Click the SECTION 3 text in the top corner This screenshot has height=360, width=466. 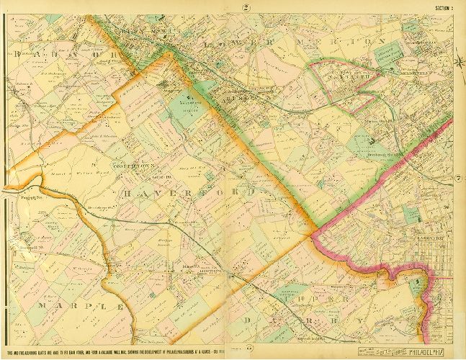[447, 8]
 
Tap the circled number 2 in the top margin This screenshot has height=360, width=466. [246, 8]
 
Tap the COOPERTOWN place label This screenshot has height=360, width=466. [128, 165]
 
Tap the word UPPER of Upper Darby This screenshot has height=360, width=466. [328, 297]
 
